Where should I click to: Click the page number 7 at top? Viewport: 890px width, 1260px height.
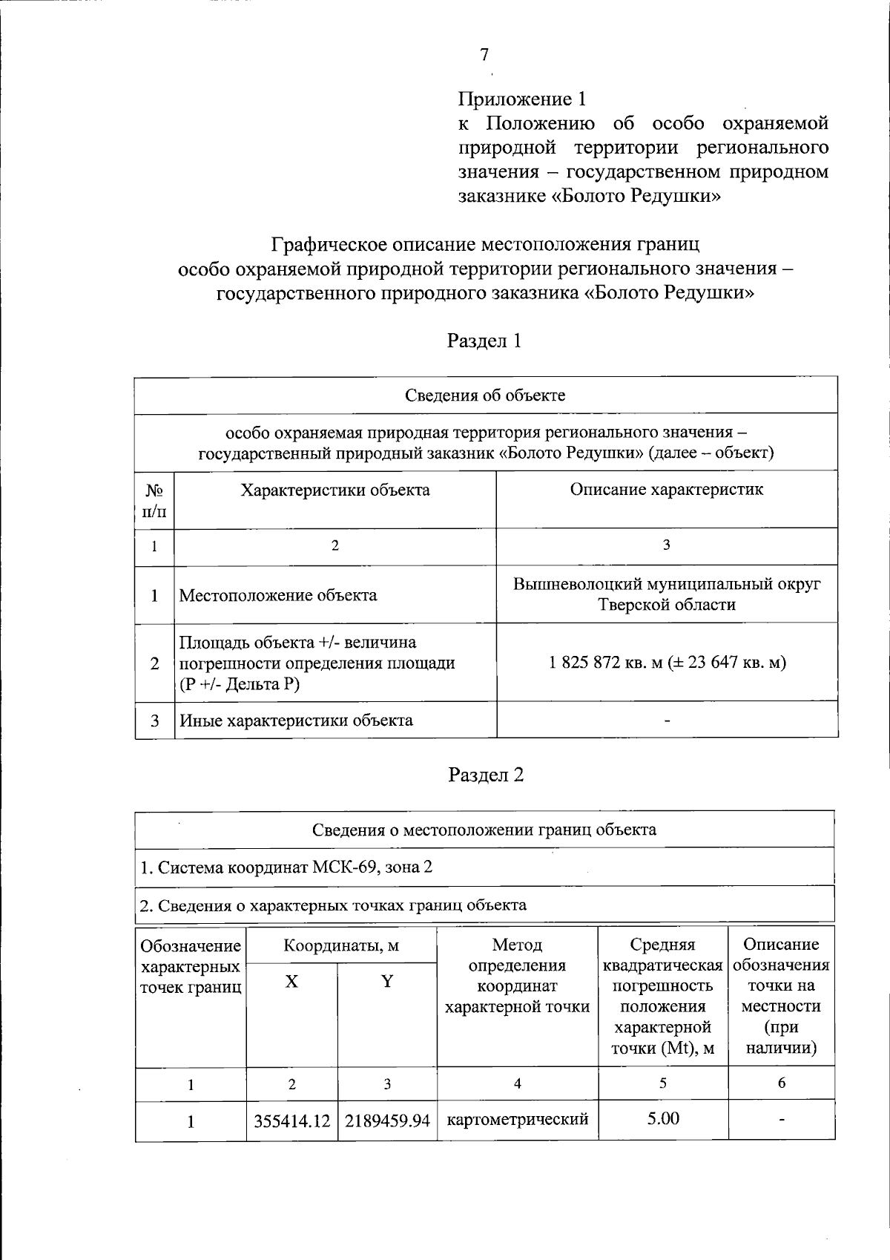(x=484, y=54)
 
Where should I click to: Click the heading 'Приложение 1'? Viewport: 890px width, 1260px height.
(x=522, y=99)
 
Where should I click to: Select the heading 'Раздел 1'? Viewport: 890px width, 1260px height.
(x=484, y=341)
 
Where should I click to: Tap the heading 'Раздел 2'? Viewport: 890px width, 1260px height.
(x=486, y=775)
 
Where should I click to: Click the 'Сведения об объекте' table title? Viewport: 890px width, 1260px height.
(x=485, y=395)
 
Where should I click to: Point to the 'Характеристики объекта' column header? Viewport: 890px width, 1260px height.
(x=334, y=490)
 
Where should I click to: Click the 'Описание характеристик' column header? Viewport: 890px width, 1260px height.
(x=666, y=489)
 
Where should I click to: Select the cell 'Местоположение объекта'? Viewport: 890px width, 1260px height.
(x=278, y=595)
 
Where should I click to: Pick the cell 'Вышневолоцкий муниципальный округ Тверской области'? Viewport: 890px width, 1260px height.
(x=667, y=594)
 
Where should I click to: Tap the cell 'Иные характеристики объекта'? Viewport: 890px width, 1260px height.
(x=296, y=721)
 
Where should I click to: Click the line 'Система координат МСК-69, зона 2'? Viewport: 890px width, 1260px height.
(x=286, y=867)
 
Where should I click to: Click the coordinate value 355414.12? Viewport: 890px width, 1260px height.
(x=291, y=1120)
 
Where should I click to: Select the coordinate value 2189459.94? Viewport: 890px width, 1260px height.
(x=386, y=1120)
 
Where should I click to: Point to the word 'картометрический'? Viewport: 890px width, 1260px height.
(x=517, y=1119)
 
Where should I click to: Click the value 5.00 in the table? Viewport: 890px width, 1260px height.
(x=662, y=1118)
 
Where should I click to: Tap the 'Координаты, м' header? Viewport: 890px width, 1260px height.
(x=341, y=945)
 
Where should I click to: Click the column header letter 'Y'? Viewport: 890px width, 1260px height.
(x=386, y=982)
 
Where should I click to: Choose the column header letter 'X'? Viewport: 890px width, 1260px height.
(x=291, y=982)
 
